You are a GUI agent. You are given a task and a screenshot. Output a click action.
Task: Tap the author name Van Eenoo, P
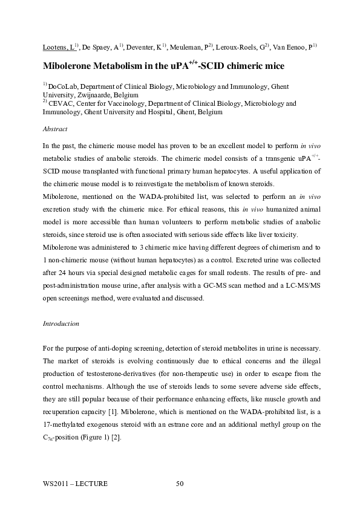[x=293, y=47]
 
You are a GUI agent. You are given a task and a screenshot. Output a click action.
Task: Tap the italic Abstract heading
[x=55, y=129]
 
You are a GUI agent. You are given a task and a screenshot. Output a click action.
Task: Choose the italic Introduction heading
[x=61, y=324]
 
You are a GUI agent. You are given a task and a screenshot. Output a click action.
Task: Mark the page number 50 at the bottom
[x=180, y=484]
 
